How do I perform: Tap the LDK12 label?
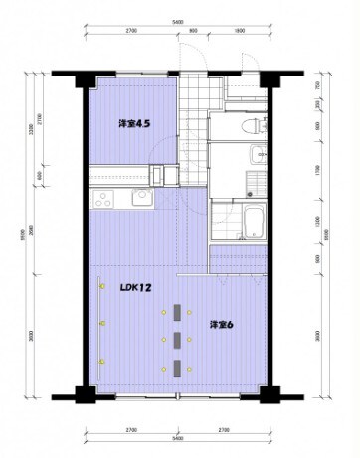(x=135, y=287)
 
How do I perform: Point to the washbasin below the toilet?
(x=258, y=153)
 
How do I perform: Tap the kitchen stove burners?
(x=103, y=200)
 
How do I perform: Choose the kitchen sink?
(x=139, y=200)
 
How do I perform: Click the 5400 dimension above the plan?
(x=177, y=21)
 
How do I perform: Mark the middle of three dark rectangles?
(x=176, y=341)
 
